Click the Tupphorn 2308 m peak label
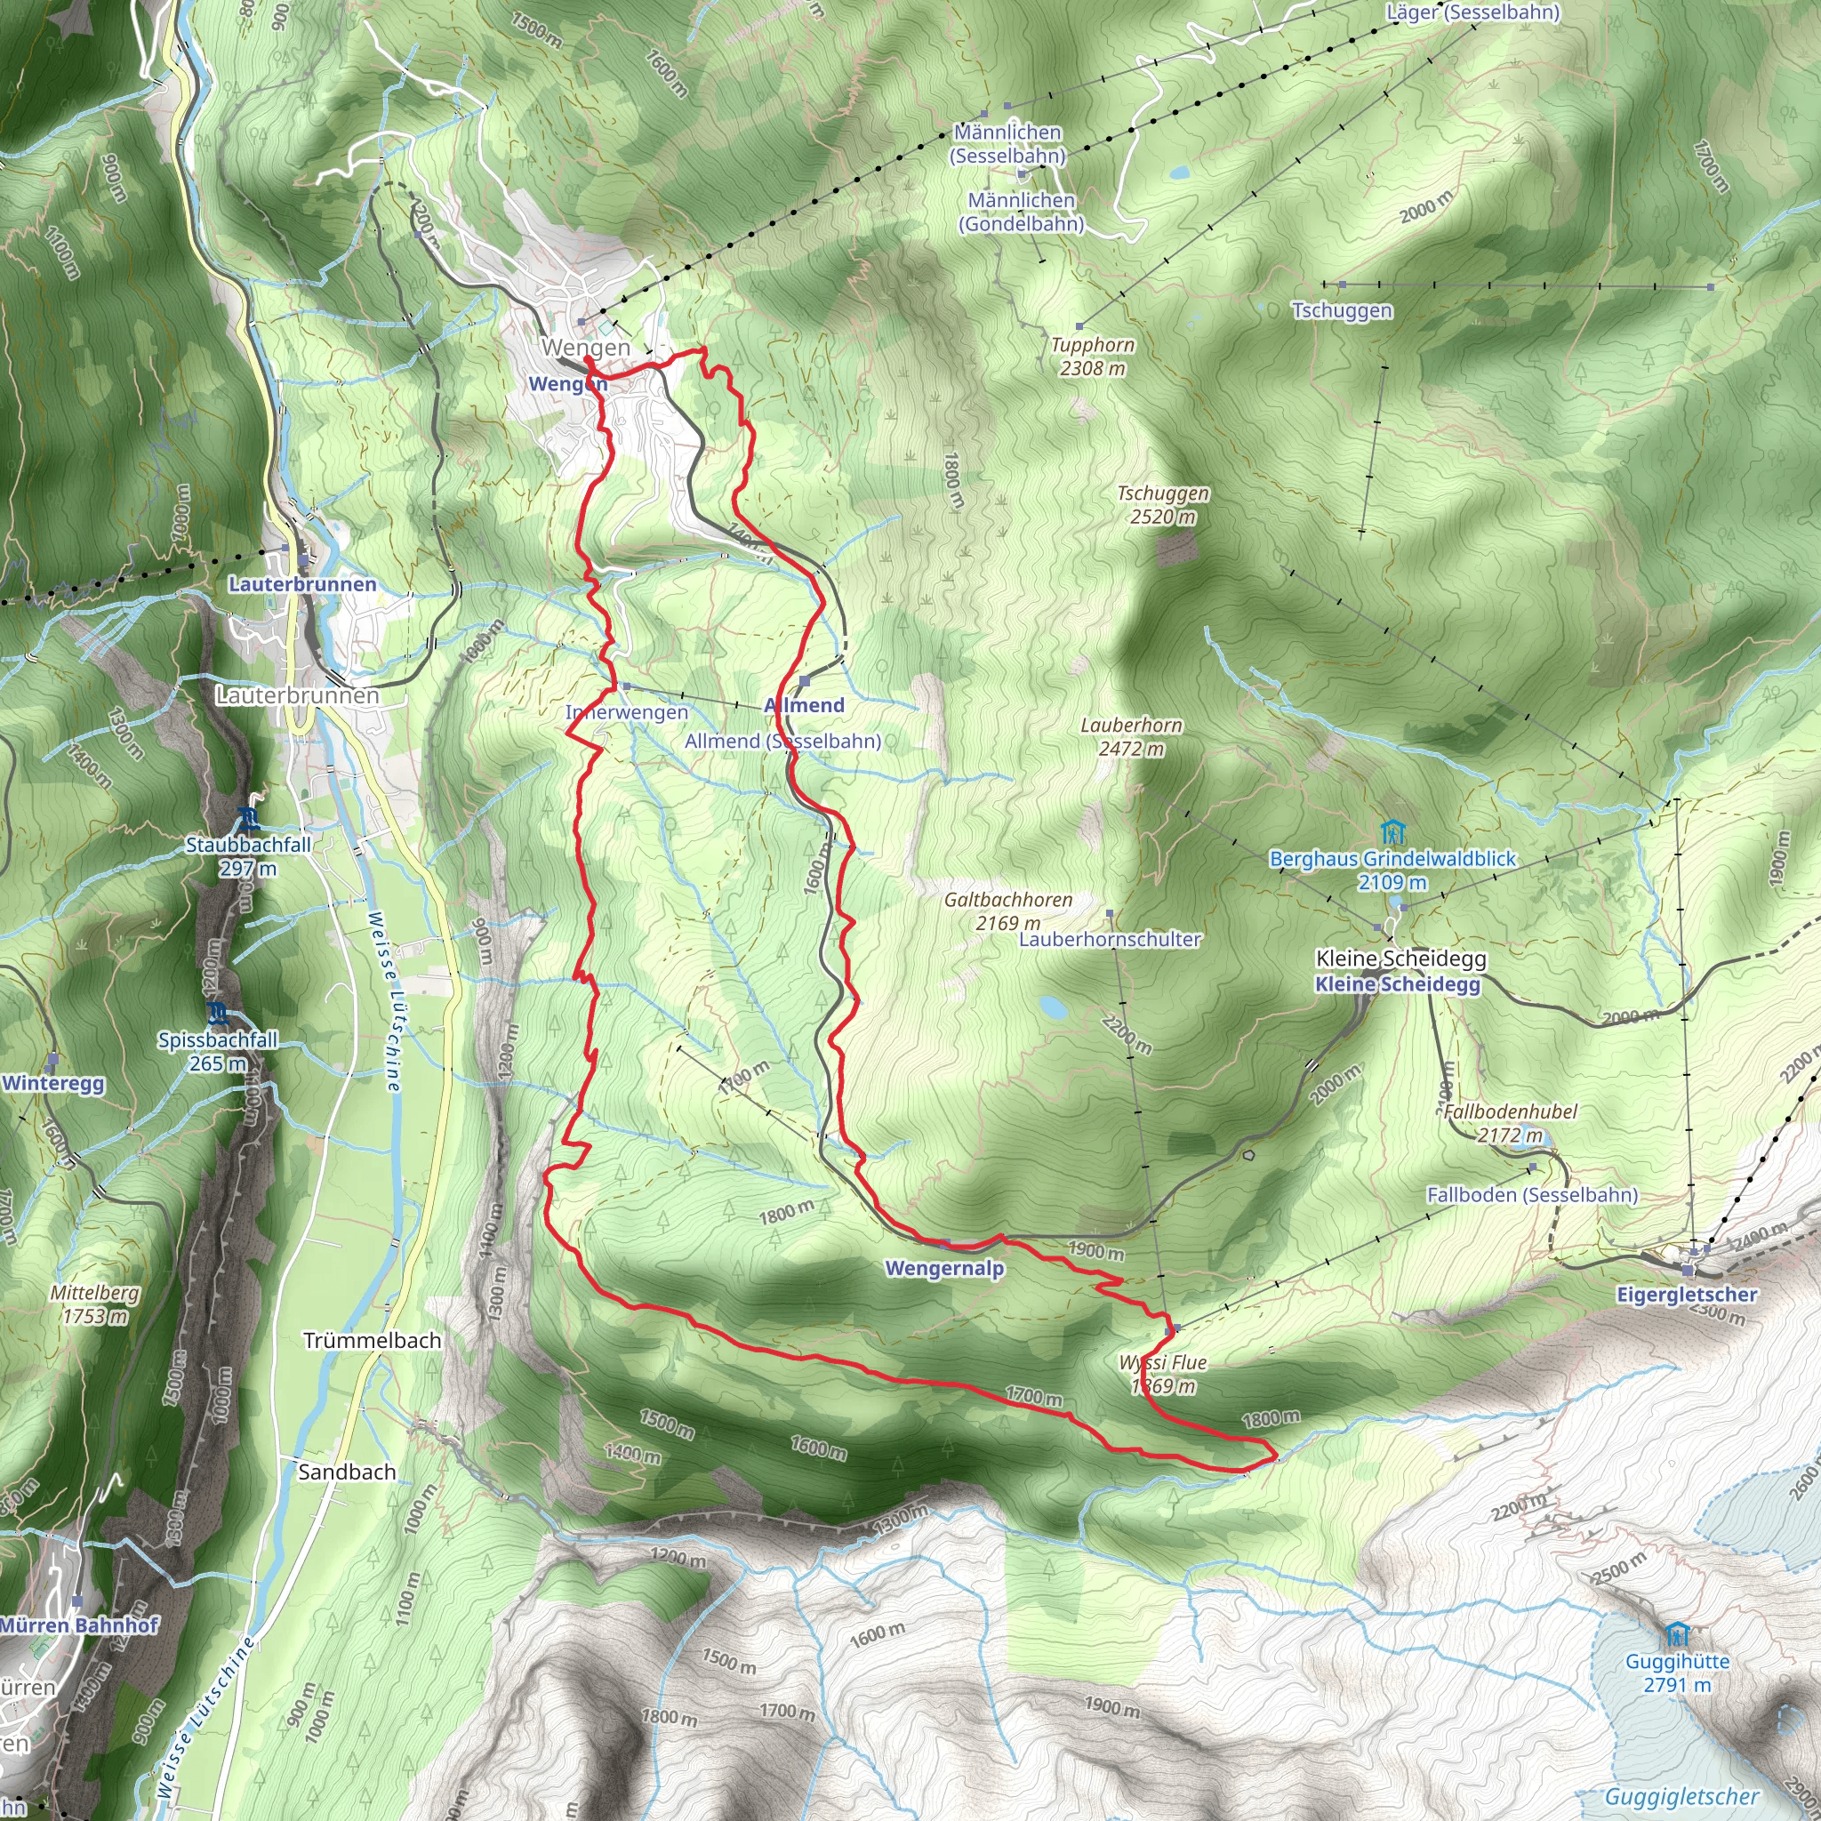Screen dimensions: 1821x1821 1093,357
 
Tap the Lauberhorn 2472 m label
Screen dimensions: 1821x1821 1131,736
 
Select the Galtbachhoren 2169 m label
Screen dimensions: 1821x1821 1008,910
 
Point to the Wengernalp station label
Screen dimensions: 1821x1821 944,1268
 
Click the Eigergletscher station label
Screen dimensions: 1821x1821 1686,1294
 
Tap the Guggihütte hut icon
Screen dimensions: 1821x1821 1676,1632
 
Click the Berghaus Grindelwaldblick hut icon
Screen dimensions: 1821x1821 1392,832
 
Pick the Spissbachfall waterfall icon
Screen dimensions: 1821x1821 219,1015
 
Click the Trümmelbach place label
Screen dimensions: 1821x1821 373,1340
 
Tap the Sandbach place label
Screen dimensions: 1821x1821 347,1472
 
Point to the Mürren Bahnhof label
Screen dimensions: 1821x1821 79,1625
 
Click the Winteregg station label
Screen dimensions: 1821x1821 52,1083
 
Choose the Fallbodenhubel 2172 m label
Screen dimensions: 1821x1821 1510,1123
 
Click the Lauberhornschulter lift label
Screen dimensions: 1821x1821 1111,940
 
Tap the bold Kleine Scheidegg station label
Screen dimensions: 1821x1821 1397,984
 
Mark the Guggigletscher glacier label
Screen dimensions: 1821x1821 1681,1797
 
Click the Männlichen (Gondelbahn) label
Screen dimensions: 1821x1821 1022,213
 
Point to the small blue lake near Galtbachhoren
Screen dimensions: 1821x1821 1053,1007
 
